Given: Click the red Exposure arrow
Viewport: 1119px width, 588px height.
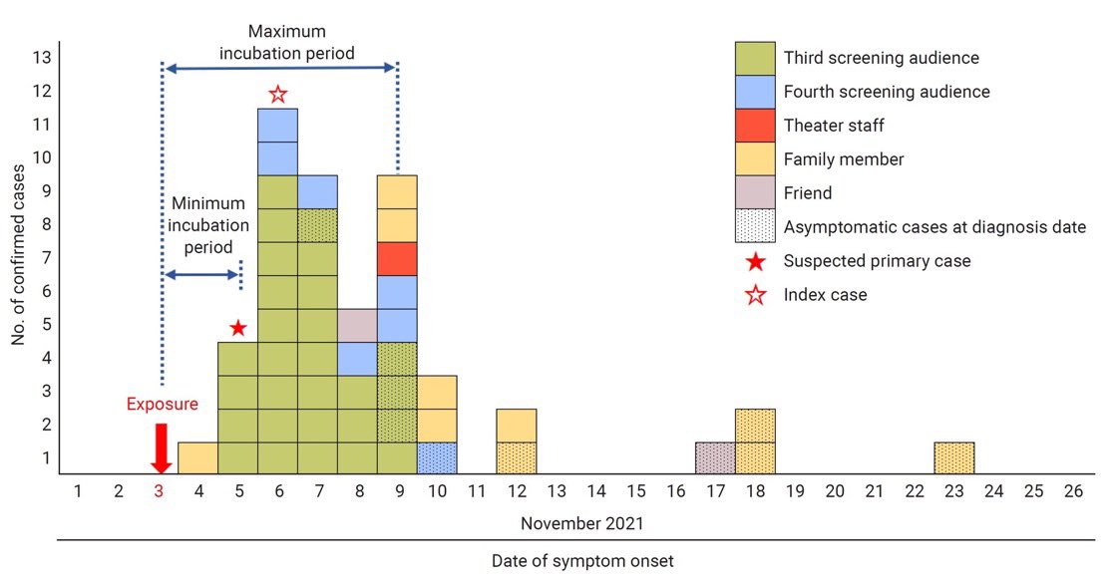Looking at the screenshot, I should (159, 447).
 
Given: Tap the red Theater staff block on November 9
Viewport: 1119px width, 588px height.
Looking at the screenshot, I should (397, 258).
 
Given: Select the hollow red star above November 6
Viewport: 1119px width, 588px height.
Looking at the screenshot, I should (278, 95).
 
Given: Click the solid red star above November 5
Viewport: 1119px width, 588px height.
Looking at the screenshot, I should (237, 328).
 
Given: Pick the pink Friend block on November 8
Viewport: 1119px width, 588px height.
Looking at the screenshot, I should (357, 325).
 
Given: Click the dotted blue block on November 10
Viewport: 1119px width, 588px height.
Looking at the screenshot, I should (437, 458).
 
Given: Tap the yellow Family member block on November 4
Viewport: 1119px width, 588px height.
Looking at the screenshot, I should (197, 458).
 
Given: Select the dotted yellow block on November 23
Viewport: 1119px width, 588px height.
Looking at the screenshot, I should (953, 458).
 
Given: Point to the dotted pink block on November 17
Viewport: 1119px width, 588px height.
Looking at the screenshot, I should (715, 458).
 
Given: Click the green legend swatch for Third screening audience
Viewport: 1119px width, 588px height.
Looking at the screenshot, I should (754, 58).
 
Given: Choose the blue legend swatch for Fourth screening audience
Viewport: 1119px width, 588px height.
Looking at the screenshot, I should (754, 92).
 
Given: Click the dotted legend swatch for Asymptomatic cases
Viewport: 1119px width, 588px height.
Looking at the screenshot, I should (754, 226).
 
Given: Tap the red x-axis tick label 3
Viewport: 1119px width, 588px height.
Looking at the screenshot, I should (159, 491).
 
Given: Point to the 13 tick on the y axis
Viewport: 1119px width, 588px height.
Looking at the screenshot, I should (42, 58).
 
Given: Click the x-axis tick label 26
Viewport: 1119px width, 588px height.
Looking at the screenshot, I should (1073, 491).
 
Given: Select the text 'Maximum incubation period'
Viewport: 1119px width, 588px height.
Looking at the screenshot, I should (287, 42).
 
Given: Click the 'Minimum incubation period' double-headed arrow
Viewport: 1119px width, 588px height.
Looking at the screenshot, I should (202, 274).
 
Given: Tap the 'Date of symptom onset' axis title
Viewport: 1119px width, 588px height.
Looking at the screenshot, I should (582, 561).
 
